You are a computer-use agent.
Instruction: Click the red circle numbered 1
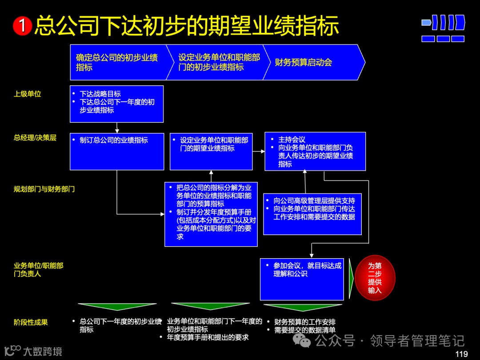(23, 26)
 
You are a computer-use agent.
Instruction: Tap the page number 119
(462, 354)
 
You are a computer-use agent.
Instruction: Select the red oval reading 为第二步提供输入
(375, 278)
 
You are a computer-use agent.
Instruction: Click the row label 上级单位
(28, 94)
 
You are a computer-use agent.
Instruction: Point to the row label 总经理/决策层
(35, 138)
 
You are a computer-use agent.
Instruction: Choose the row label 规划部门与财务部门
(44, 189)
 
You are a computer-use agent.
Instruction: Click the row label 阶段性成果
(31, 322)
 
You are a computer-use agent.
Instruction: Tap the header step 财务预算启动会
(304, 62)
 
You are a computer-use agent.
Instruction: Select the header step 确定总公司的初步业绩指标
(117, 62)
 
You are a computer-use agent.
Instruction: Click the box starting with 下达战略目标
(116, 104)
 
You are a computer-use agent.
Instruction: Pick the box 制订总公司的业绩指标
(116, 151)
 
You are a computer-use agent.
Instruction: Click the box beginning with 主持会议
(315, 151)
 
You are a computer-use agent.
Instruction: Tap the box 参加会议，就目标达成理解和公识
(302, 279)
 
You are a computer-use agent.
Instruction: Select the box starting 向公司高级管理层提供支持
(312, 214)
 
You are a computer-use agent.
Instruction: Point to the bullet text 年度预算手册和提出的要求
(208, 337)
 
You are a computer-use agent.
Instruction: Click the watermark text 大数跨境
(42, 351)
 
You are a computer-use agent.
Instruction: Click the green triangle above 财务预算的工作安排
(303, 307)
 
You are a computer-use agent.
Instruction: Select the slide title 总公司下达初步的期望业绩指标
(186, 26)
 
